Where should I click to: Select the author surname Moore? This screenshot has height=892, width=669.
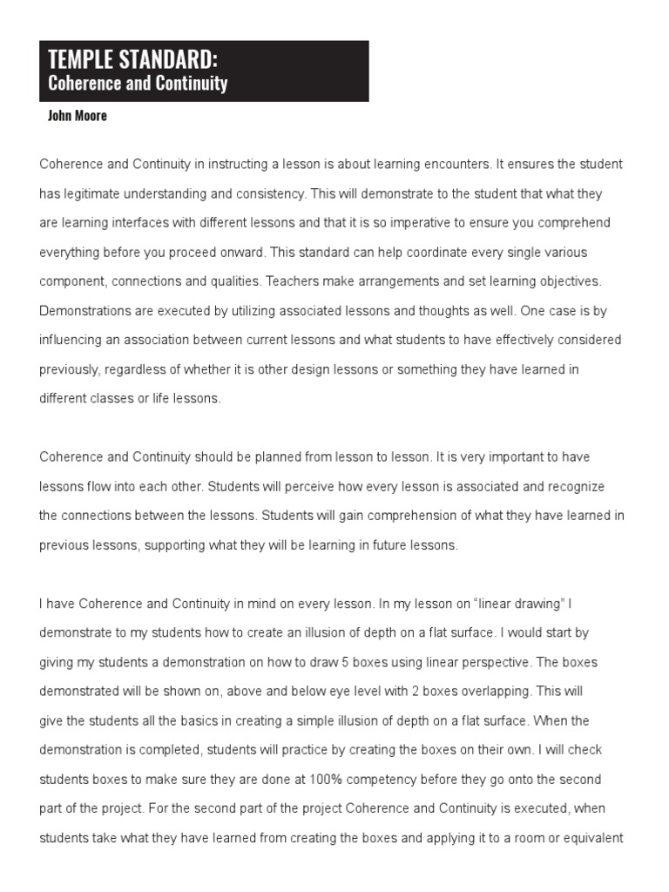[x=91, y=116]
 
